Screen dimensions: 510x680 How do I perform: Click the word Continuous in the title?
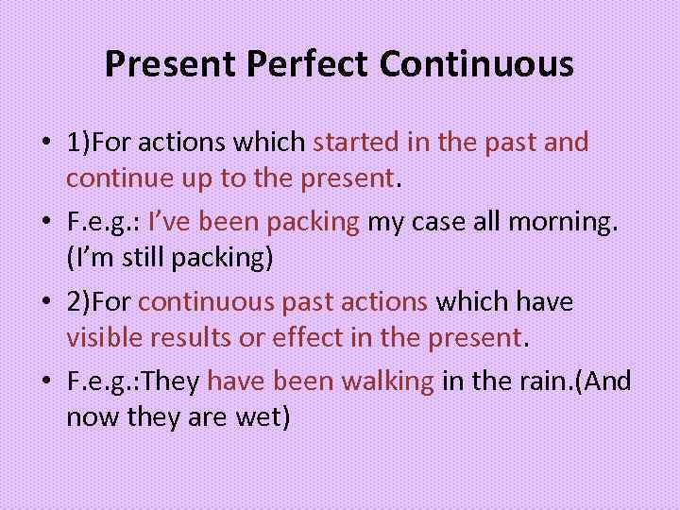pyautogui.click(x=477, y=64)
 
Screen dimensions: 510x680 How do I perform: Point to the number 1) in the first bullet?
pyautogui.click(x=78, y=143)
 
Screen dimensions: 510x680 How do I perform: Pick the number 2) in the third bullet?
pyautogui.click(x=78, y=302)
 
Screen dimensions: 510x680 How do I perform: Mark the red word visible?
pyautogui.click(x=106, y=337)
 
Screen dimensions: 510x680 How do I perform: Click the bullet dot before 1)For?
pyautogui.click(x=46, y=144)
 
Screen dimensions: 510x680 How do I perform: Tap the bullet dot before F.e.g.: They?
pyautogui.click(x=46, y=382)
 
